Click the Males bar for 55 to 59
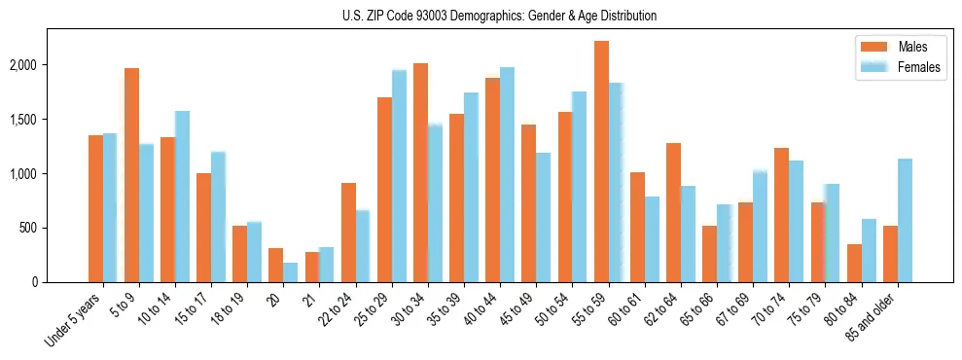601,162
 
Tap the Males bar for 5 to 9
131,175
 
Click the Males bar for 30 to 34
420,172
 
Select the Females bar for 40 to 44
507,174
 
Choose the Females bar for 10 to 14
182,197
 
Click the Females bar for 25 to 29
399,176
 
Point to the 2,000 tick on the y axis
49,65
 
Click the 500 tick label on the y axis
55,228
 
